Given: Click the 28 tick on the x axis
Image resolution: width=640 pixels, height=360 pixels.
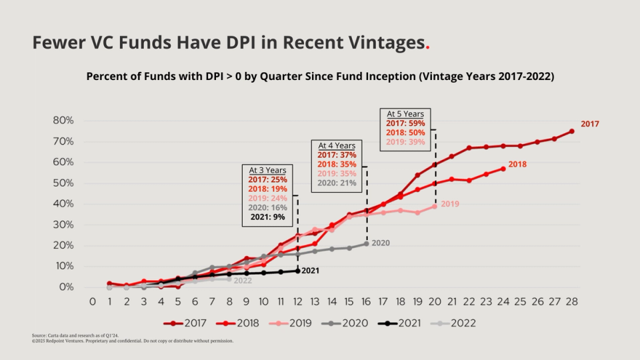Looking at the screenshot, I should click(571, 301).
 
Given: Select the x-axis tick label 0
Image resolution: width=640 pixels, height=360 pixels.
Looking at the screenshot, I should click(93, 301).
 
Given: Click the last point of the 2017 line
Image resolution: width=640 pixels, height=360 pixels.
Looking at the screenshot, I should click(571, 131).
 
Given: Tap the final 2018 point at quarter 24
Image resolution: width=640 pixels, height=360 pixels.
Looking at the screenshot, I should click(503, 169).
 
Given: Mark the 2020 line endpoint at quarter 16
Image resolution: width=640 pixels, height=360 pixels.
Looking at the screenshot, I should click(366, 243).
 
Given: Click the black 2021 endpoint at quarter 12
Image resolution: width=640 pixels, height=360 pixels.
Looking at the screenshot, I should click(297, 271).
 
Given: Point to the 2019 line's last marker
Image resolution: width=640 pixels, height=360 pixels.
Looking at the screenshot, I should click(435, 206).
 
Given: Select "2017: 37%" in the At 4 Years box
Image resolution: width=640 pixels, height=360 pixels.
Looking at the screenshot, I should click(337, 155).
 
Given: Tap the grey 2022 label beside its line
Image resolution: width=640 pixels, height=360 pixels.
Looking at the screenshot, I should click(243, 281).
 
